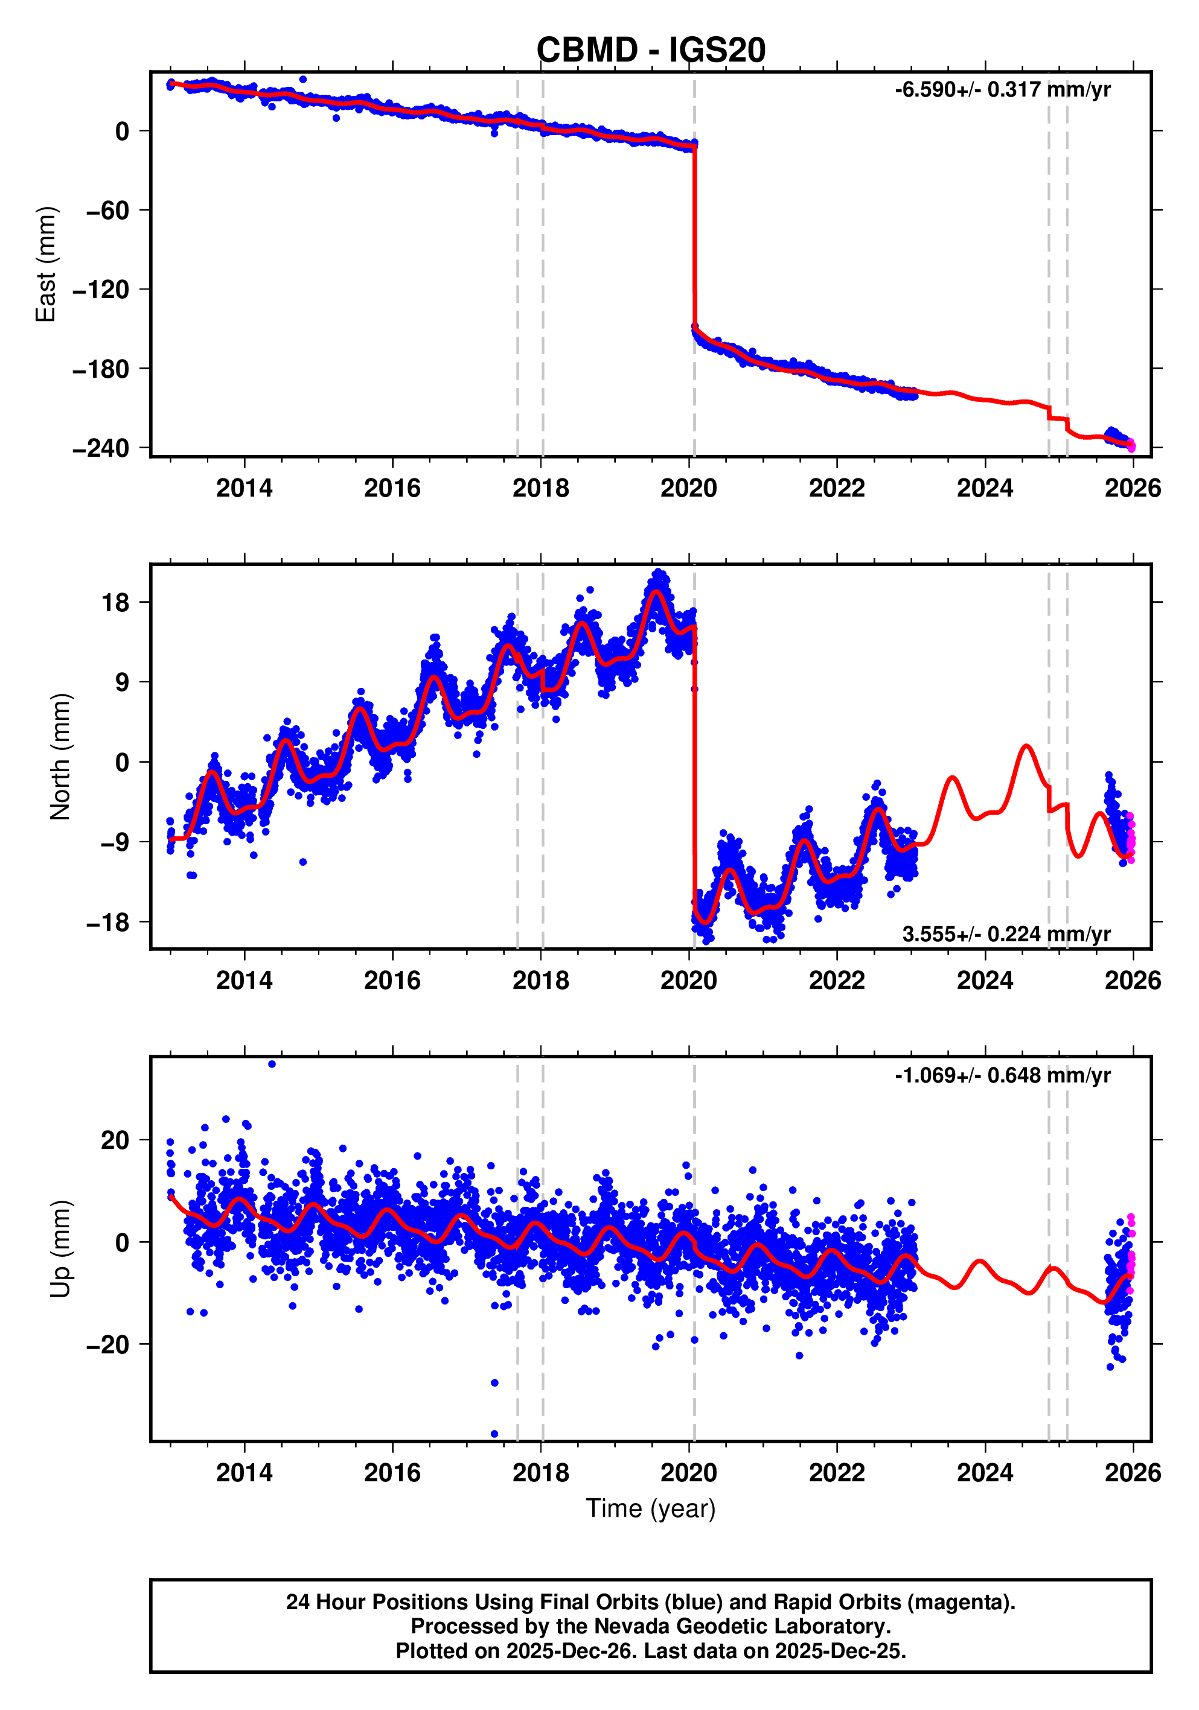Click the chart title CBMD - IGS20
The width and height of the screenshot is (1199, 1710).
651,51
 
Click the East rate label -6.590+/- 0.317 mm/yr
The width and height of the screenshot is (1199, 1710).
1002,90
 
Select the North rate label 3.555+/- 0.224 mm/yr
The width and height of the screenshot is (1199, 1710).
1006,934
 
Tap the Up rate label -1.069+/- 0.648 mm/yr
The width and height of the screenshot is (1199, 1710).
1002,1075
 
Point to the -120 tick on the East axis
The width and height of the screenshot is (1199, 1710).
101,290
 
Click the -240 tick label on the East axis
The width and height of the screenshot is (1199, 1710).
101,448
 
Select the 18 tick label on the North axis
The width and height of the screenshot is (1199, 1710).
115,603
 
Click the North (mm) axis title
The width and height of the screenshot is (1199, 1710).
60,757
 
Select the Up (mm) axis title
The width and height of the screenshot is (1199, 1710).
60,1249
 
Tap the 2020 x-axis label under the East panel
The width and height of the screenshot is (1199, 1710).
688,489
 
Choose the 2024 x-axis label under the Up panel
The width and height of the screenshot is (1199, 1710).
985,1473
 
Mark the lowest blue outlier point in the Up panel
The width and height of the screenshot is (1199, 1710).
494,1434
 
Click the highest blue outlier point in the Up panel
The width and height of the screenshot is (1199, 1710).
272,1064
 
